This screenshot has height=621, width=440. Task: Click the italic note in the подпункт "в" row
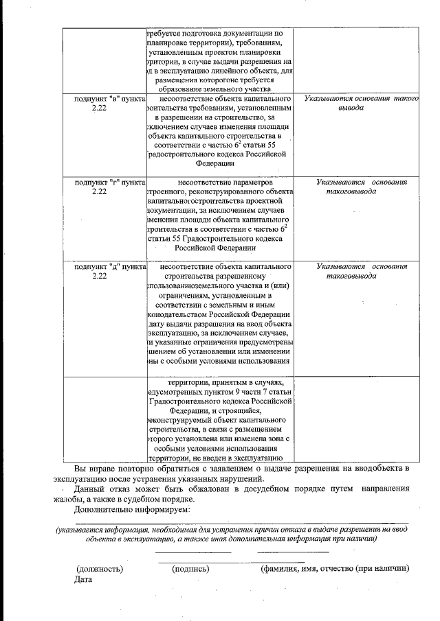point(361,104)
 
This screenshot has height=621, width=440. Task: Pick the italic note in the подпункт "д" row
point(361,270)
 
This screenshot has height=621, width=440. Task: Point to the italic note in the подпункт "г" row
point(361,187)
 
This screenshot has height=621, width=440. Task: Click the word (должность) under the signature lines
point(100,568)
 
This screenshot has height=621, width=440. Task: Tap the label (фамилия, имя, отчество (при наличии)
point(335,568)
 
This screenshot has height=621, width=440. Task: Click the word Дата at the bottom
point(83,579)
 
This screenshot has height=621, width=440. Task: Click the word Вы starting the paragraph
point(80,468)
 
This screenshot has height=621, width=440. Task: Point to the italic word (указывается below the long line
point(80,530)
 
